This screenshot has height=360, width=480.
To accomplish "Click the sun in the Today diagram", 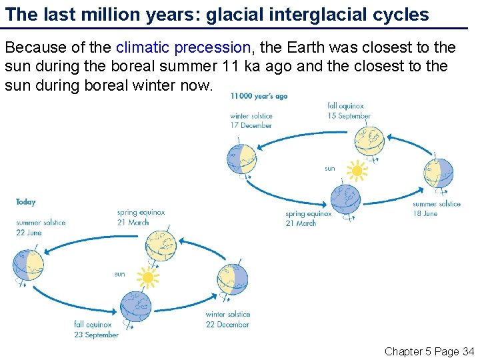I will point(147,277).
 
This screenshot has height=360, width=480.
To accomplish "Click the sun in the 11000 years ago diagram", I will point(357,171).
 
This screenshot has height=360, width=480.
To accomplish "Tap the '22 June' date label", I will point(29,233).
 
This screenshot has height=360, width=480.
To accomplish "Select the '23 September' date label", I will point(97,335).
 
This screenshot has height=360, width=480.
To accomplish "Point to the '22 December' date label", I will point(227,325).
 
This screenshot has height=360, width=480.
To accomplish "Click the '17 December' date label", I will point(251,125).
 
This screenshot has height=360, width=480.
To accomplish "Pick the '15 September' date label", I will point(349,116).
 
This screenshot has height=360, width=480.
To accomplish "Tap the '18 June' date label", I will point(426,214).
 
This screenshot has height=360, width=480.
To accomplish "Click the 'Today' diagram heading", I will point(26,202).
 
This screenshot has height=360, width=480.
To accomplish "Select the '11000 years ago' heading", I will point(259,96).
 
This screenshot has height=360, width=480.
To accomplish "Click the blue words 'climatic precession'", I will point(183,48).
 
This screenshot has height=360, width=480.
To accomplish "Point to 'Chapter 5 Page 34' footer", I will point(429,351).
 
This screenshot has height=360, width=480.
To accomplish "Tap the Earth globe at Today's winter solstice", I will point(233,279).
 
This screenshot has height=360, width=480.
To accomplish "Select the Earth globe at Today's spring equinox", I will point(160,245).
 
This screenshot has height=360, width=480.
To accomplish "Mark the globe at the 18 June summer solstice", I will point(438,173).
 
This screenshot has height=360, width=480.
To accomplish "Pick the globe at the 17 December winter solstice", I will point(241,158).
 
